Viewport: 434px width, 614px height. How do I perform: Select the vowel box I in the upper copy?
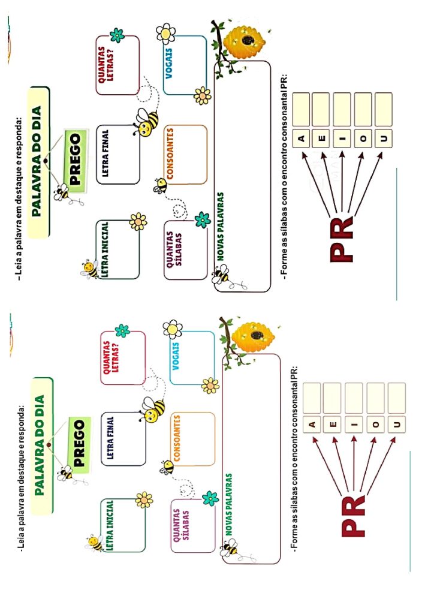[x=342, y=140]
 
